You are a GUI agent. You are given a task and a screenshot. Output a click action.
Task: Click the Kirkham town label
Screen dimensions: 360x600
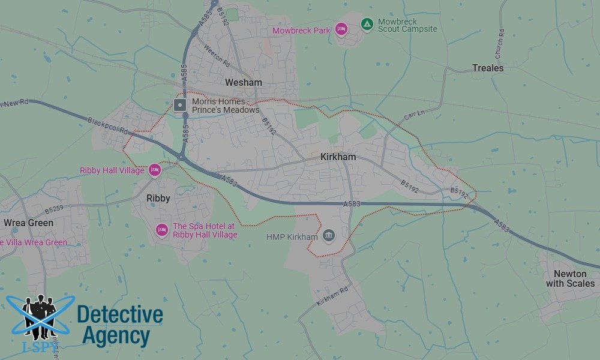tap(338, 157)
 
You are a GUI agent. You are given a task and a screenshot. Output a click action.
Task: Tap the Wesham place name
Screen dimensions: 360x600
tap(243, 82)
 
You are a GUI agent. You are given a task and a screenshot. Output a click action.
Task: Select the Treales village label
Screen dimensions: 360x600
tap(488, 68)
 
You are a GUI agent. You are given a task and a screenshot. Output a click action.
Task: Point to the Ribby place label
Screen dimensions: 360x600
tap(158, 198)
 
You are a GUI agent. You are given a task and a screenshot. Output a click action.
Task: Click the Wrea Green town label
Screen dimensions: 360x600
tap(28, 223)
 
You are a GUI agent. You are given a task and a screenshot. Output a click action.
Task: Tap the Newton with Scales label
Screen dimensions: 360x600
tap(570, 279)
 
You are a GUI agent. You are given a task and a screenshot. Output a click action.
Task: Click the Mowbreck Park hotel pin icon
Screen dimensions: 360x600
tap(341, 29)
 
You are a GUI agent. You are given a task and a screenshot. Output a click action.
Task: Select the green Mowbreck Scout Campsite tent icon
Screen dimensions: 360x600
tap(367, 24)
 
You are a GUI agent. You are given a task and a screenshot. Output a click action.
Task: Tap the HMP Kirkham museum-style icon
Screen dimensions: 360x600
tap(328, 236)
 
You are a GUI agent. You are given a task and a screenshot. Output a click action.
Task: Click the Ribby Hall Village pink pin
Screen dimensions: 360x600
tap(154, 170)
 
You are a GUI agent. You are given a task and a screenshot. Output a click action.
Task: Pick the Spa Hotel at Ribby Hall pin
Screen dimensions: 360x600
tap(161, 229)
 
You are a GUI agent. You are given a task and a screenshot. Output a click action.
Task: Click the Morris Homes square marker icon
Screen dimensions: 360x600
tap(179, 106)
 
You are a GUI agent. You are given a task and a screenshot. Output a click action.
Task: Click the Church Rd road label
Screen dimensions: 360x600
tap(499, 44)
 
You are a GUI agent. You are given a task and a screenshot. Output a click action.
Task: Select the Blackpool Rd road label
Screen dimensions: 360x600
tap(107, 125)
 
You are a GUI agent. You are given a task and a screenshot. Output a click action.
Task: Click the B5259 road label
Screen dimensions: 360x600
tap(53, 210)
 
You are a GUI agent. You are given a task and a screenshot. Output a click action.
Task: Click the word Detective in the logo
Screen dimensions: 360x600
tap(120, 314)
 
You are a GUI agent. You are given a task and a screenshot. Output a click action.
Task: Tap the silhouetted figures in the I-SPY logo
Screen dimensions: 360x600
tap(40, 316)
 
